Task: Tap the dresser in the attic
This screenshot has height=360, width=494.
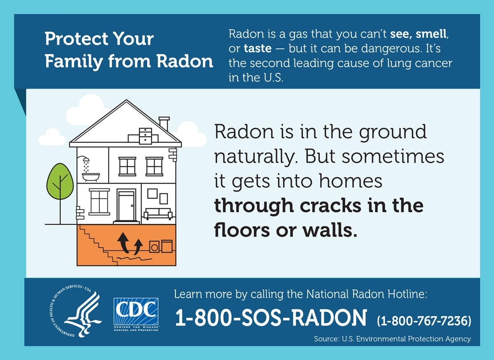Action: pos(146,135)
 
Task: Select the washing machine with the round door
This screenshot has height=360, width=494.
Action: pos(154,247)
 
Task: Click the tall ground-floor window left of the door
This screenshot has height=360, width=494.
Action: pos(99,201)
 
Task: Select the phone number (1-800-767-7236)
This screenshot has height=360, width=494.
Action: pos(424,321)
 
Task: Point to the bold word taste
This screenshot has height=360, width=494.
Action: pos(257,48)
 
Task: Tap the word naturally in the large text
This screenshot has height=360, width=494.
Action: pos(257,157)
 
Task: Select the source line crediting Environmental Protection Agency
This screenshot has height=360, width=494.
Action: pos(392,339)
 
